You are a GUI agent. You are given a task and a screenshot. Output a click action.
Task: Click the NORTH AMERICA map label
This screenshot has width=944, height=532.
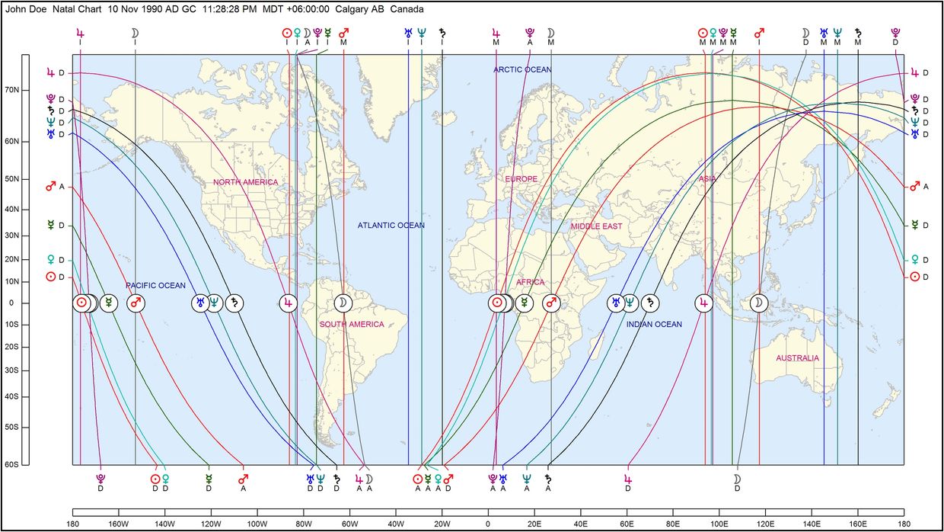[245, 182]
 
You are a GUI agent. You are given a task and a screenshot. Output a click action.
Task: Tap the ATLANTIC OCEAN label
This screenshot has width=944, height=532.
[391, 226]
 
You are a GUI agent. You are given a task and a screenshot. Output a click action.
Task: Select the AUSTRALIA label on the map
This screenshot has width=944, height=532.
[797, 358]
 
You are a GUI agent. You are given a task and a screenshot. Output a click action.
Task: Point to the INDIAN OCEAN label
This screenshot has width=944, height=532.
[654, 325]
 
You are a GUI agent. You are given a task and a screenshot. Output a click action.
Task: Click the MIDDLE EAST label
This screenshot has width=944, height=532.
[596, 226]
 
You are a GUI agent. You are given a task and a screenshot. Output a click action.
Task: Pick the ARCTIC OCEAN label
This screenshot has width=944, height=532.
[522, 70]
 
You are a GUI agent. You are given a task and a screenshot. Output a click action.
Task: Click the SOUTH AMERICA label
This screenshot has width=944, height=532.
[352, 325]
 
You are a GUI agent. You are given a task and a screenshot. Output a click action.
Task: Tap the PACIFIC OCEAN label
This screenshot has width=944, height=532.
[155, 286]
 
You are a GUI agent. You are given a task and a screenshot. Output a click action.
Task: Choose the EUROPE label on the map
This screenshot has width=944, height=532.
[521, 179]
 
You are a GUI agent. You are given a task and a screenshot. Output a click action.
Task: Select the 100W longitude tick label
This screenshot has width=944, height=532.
[257, 524]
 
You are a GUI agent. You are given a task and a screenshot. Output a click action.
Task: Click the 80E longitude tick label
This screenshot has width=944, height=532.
[673, 524]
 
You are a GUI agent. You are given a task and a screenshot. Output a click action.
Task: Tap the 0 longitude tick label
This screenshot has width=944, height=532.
[487, 524]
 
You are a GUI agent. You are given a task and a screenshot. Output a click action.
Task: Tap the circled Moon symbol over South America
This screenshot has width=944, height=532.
[344, 303]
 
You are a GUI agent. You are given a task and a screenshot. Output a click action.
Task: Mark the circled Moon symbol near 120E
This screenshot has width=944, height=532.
[759, 303]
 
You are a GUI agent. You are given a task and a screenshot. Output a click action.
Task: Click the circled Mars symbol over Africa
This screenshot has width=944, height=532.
[551, 303]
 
